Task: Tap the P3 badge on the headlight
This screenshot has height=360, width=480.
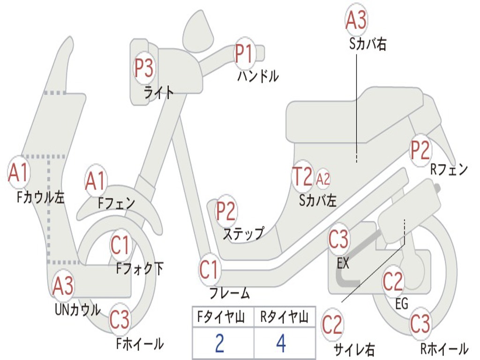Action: point(144,68)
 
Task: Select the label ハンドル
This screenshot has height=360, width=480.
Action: point(258,75)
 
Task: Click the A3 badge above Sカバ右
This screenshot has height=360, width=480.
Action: point(356,20)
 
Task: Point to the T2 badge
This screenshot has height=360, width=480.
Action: point(302,177)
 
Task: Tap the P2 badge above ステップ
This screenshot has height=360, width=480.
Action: point(226,211)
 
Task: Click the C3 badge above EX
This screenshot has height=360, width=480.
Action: point(338,240)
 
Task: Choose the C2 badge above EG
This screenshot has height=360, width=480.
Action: point(393,281)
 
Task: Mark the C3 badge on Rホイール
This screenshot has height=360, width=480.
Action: point(420,323)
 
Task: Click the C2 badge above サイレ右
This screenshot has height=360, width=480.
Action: point(332,325)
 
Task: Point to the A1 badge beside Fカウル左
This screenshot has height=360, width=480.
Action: point(19,172)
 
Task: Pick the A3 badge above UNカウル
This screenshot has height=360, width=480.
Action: point(63,286)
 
